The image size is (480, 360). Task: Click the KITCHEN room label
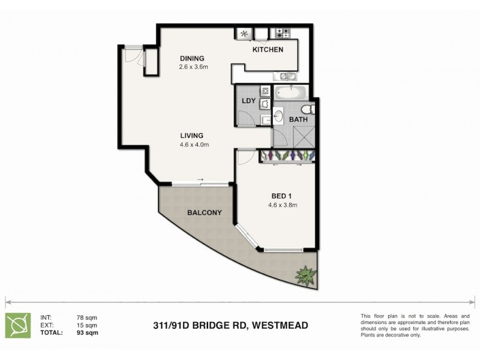tap(268, 49)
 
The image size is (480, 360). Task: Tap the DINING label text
tap(193, 58)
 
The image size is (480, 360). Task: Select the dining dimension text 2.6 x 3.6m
tap(193, 67)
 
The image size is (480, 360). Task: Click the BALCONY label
tap(205, 212)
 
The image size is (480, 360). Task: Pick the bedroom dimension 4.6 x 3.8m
tap(283, 205)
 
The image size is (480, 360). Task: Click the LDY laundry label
tap(248, 101)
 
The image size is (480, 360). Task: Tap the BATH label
tap(298, 119)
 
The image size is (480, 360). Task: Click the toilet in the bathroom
tap(307, 109)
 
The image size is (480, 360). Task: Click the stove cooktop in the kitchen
tap(283, 33)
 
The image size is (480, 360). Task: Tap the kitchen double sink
tap(283, 76)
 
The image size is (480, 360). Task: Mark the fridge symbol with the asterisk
tap(244, 34)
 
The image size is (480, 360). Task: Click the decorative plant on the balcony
tap(306, 275)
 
